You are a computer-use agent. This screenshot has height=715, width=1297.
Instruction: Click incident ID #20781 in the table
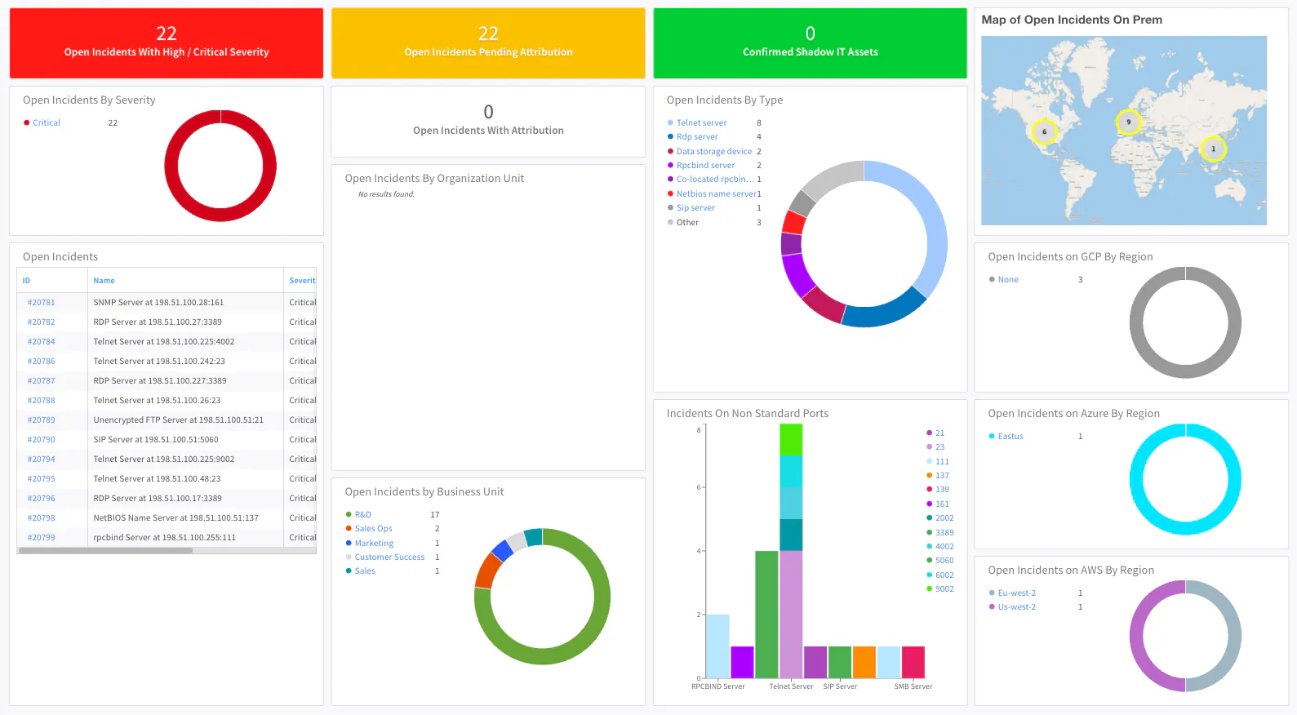41,303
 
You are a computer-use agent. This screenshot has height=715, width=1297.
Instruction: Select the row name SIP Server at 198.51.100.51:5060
156,440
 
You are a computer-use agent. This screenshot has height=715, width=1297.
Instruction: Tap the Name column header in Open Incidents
104,281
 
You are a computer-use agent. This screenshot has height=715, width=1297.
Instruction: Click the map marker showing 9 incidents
1128,122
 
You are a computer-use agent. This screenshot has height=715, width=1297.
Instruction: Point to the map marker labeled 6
1044,131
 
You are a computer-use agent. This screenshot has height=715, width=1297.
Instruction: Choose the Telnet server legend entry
701,123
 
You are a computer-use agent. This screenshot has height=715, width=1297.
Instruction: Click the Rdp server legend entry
697,137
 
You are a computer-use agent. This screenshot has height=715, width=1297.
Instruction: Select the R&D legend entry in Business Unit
362,515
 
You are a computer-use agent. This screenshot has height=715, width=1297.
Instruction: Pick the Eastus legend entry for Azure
1010,437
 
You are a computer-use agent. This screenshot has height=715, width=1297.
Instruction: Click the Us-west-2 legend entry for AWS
1016,607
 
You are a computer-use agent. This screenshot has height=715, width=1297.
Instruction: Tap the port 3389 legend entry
944,533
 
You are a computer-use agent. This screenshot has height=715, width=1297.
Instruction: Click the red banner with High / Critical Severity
167,43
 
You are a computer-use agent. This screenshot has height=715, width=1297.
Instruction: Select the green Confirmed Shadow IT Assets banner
810,43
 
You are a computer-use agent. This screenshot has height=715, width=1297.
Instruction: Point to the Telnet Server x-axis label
791,686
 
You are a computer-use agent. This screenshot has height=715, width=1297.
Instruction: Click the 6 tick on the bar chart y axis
699,487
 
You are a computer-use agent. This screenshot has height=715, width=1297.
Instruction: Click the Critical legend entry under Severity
47,123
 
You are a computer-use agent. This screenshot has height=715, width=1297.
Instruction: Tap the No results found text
386,194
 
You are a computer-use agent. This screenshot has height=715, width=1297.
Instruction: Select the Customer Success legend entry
389,557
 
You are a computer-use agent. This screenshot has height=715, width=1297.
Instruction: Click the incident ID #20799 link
41,538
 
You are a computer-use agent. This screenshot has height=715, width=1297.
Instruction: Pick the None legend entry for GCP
1008,280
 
